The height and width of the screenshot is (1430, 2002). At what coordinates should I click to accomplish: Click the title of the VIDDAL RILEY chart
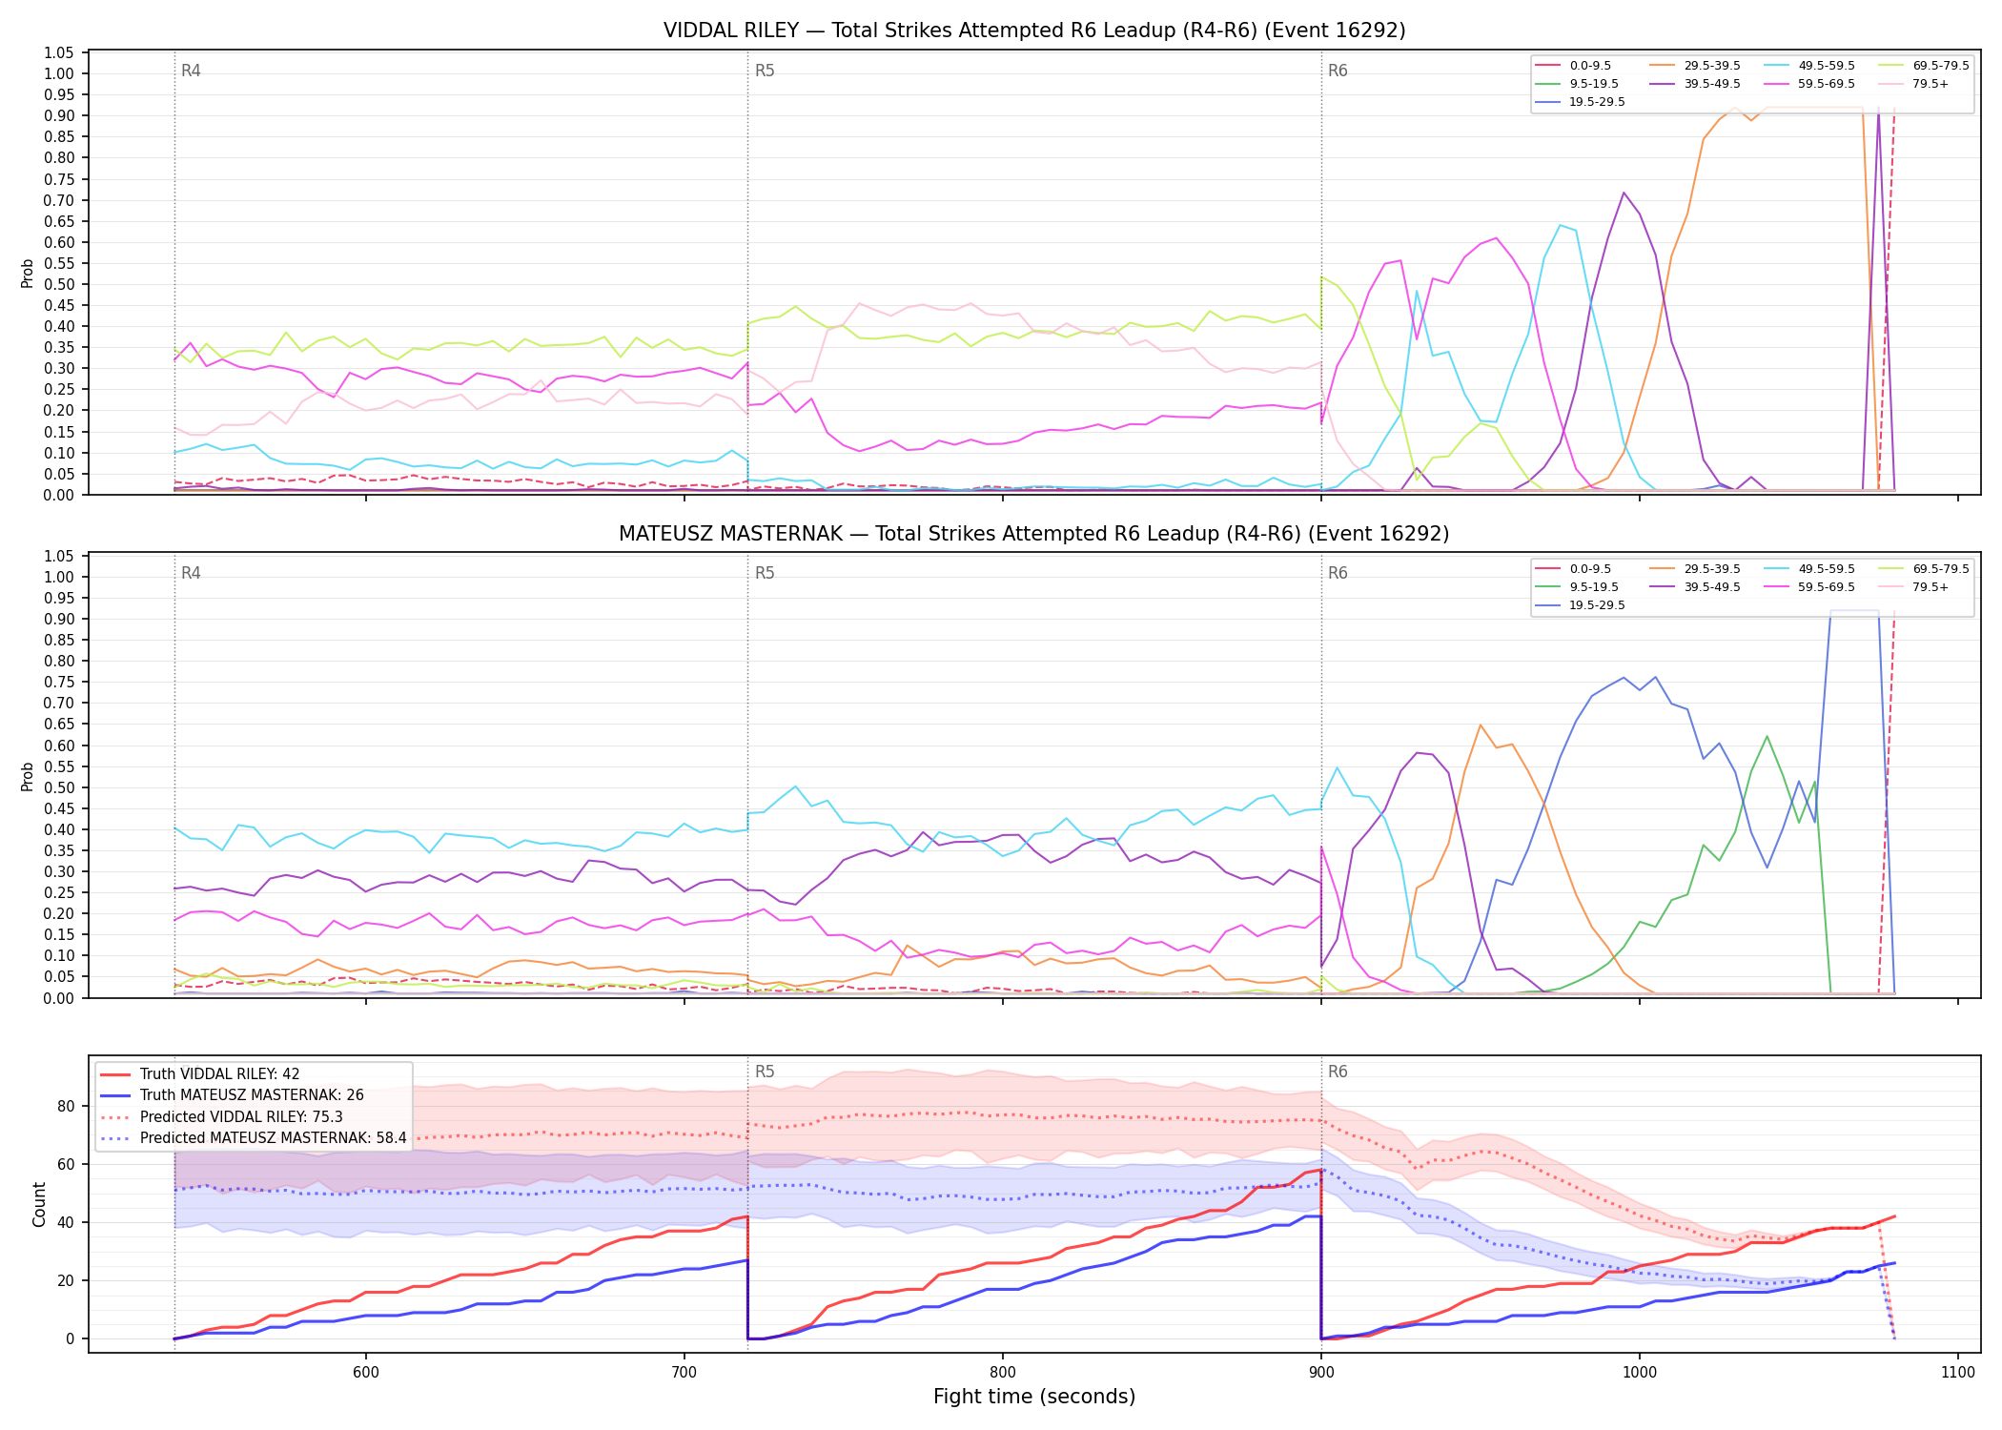pyautogui.click(x=1034, y=31)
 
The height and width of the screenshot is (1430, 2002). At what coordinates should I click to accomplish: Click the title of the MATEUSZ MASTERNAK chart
pyautogui.click(x=1034, y=534)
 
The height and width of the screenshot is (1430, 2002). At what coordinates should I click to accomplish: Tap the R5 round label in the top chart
pyautogui.click(x=765, y=71)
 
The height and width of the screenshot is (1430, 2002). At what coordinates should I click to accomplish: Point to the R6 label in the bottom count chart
pyautogui.click(x=1338, y=1072)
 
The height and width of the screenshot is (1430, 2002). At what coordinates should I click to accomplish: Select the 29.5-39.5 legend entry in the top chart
pyautogui.click(x=1697, y=66)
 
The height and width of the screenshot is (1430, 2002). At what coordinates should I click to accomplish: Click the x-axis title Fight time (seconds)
pyautogui.click(x=1034, y=1397)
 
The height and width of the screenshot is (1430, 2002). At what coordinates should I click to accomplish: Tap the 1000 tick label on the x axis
pyautogui.click(x=1640, y=1373)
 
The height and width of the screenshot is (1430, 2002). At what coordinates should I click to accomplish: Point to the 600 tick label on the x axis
pyautogui.click(x=366, y=1373)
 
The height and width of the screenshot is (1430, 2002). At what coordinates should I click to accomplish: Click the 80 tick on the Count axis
pyautogui.click(x=65, y=1107)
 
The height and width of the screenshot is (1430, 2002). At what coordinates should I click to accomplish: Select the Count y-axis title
pyautogui.click(x=39, y=1204)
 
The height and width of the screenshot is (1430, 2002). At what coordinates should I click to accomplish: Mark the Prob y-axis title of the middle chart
pyautogui.click(x=27, y=776)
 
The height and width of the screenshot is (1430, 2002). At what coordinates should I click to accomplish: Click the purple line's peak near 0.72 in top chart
pyautogui.click(x=1624, y=193)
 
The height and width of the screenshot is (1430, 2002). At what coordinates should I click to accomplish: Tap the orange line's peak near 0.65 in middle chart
pyautogui.click(x=1480, y=725)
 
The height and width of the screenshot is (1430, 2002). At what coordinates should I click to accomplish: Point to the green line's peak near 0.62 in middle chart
pyautogui.click(x=1767, y=736)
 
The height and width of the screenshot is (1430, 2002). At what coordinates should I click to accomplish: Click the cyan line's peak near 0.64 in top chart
pyautogui.click(x=1560, y=225)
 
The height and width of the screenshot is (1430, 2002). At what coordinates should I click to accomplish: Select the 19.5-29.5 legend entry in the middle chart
pyautogui.click(x=1583, y=605)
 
